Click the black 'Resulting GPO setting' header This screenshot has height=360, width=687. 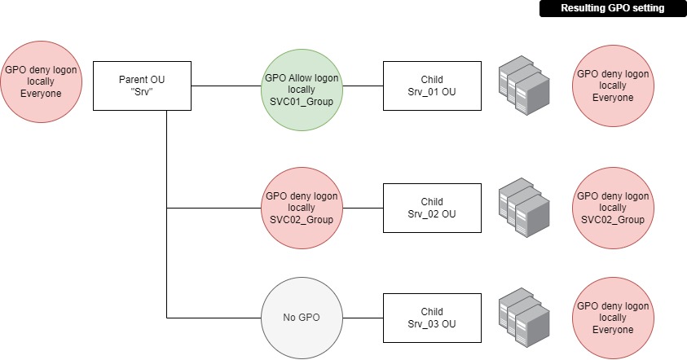click(x=612, y=8)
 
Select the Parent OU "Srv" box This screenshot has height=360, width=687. click(x=143, y=86)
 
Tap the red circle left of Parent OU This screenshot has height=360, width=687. click(x=41, y=81)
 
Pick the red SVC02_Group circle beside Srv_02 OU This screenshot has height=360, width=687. click(x=302, y=208)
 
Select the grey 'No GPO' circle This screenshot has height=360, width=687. click(x=302, y=318)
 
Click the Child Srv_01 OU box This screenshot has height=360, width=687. click(x=432, y=86)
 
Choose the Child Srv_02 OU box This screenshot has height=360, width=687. click(x=432, y=208)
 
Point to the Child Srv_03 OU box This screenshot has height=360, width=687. click(x=432, y=318)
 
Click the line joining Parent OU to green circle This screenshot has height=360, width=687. click(x=227, y=86)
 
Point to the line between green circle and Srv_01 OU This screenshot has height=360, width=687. click(x=363, y=86)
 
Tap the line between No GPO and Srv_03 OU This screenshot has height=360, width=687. click(x=363, y=318)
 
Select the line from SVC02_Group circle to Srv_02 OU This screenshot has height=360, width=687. click(x=363, y=208)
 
